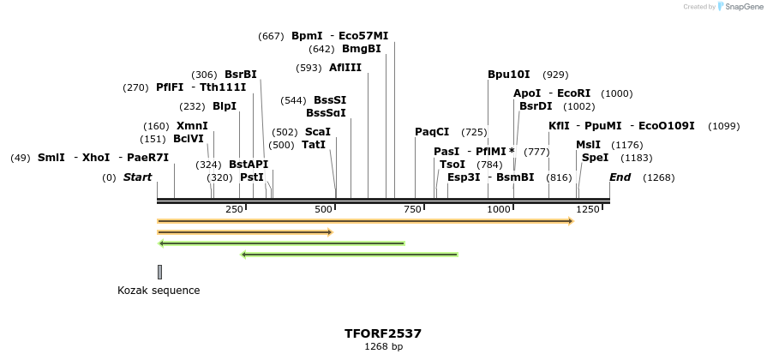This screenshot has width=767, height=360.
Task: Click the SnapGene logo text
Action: [743, 6]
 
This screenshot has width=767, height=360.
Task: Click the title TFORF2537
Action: [383, 333]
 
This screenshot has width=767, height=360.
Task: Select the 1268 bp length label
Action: [383, 347]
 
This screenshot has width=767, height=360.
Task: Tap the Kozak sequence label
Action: [159, 291]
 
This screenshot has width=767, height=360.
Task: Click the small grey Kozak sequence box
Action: [159, 272]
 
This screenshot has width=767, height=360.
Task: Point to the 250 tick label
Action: [234, 210]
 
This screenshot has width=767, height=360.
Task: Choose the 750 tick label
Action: [410, 210]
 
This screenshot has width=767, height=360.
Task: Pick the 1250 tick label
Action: [588, 210]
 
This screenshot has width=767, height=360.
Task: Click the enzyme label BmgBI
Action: [361, 49]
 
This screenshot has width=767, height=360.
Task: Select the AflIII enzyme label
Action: [345, 68]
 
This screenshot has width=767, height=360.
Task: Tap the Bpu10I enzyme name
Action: [509, 75]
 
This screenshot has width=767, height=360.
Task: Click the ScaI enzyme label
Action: [317, 132]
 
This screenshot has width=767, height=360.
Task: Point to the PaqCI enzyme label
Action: [432, 132]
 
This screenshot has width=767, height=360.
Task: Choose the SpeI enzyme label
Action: [595, 158]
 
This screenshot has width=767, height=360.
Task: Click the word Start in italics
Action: [137, 177]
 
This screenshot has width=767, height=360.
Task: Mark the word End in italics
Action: [620, 177]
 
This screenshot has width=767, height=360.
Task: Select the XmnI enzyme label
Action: [192, 126]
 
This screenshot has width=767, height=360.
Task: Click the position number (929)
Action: [555, 75]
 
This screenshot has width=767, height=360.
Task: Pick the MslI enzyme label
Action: [588, 145]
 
